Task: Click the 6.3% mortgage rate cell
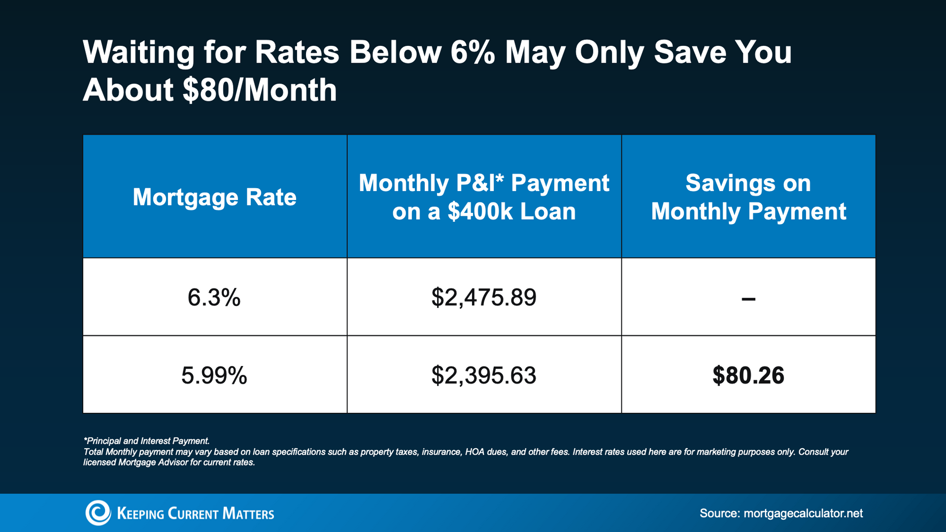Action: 214,298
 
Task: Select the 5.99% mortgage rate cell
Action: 214,375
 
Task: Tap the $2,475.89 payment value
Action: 484,298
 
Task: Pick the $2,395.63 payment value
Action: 484,375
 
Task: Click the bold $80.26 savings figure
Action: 748,375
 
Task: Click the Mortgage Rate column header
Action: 214,197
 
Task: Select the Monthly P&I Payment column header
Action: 484,197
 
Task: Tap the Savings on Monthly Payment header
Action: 748,197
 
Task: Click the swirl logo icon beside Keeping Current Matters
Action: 98,513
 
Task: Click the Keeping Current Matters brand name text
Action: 196,514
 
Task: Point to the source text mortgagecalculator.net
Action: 803,513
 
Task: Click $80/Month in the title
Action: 259,90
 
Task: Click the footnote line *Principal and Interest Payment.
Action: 147,441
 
